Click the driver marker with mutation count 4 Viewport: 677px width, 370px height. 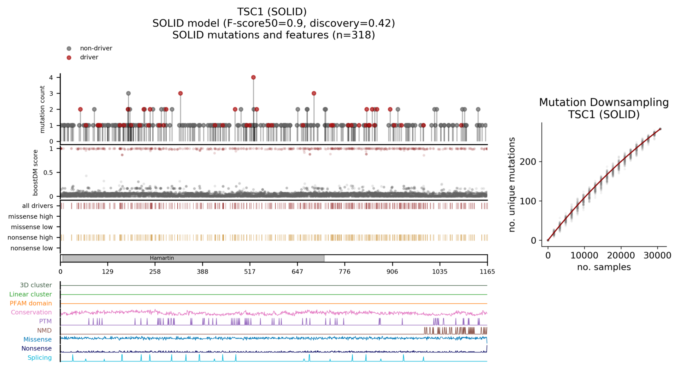click(x=253, y=77)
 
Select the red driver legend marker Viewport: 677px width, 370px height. click(x=69, y=58)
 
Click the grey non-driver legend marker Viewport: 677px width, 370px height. click(x=69, y=49)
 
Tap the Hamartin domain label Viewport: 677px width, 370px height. click(x=162, y=258)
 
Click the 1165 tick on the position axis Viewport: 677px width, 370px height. click(x=487, y=271)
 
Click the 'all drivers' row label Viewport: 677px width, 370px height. click(x=38, y=206)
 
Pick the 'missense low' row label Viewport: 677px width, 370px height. click(x=32, y=227)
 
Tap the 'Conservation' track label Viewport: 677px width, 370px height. click(x=31, y=312)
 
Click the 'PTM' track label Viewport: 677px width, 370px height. click(x=45, y=321)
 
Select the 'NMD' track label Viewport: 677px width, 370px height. click(x=45, y=330)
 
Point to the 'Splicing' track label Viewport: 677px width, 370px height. click(x=40, y=358)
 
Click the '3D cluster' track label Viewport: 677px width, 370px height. click(x=36, y=285)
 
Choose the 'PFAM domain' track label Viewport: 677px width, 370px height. click(x=31, y=303)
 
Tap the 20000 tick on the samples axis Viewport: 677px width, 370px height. click(x=621, y=256)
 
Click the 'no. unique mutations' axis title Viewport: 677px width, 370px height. click(x=512, y=185)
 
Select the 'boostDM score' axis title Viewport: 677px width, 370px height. click(x=36, y=172)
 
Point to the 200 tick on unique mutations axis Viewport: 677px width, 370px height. click(x=527, y=161)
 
